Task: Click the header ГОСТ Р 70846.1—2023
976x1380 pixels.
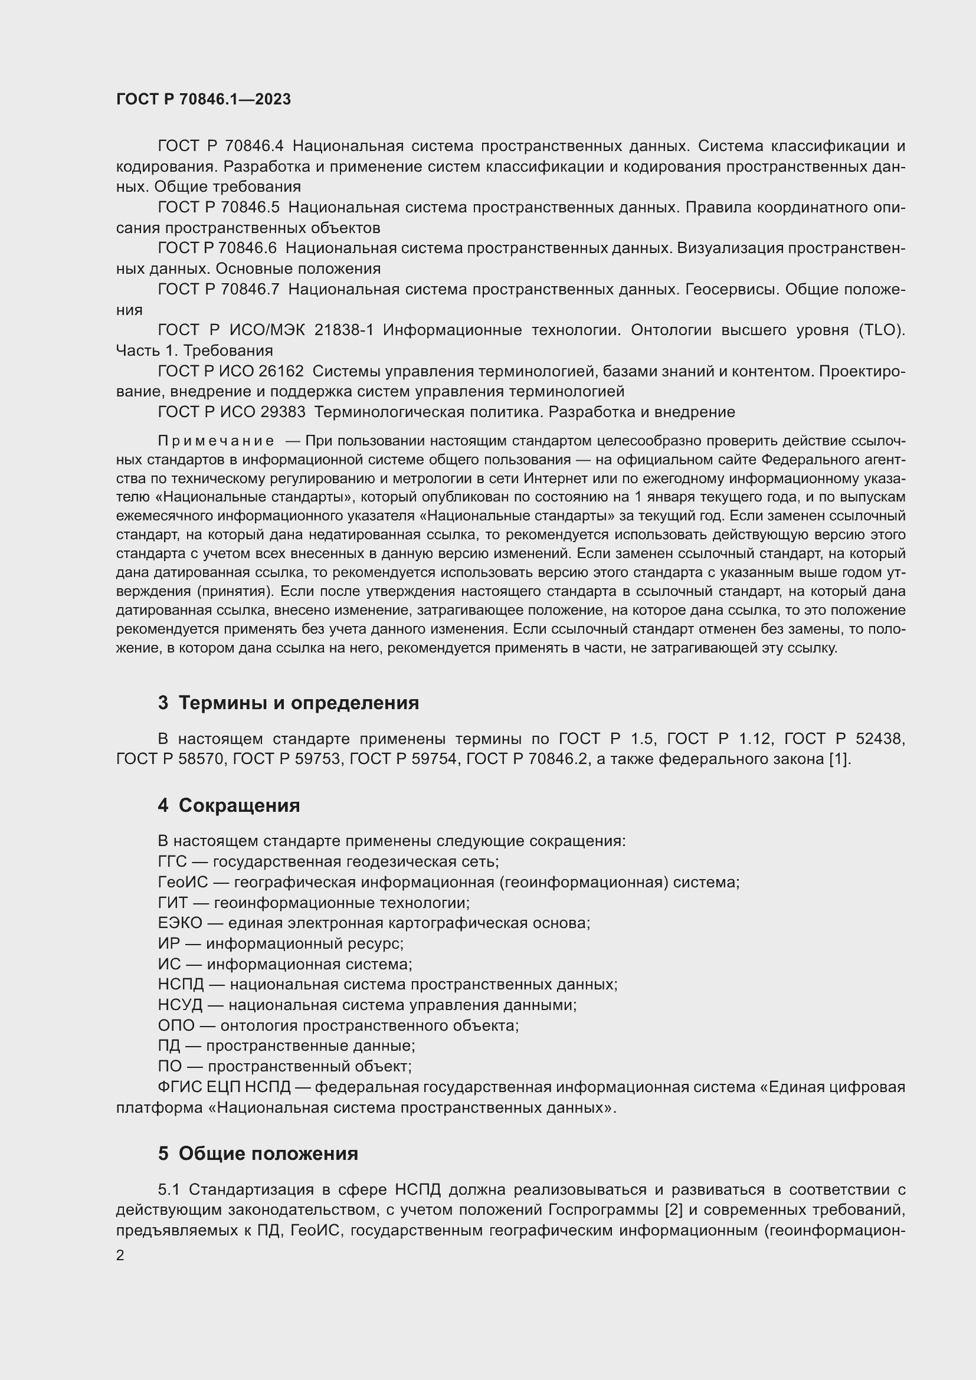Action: click(203, 99)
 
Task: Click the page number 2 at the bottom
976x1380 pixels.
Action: click(120, 1256)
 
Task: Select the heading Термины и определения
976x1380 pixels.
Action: click(298, 703)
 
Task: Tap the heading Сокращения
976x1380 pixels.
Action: click(238, 805)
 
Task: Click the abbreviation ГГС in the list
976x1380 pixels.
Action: click(172, 862)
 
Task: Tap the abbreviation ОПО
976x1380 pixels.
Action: click(176, 1025)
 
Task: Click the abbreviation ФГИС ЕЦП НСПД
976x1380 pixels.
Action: click(224, 1087)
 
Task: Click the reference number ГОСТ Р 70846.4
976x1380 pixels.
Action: click(220, 146)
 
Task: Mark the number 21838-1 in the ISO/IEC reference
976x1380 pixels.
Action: click(344, 330)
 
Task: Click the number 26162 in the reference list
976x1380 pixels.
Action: click(281, 372)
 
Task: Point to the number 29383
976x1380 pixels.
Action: click(283, 412)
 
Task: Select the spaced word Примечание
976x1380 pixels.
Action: click(216, 441)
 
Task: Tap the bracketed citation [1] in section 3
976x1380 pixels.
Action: click(839, 759)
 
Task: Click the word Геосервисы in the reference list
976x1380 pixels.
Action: click(730, 290)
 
